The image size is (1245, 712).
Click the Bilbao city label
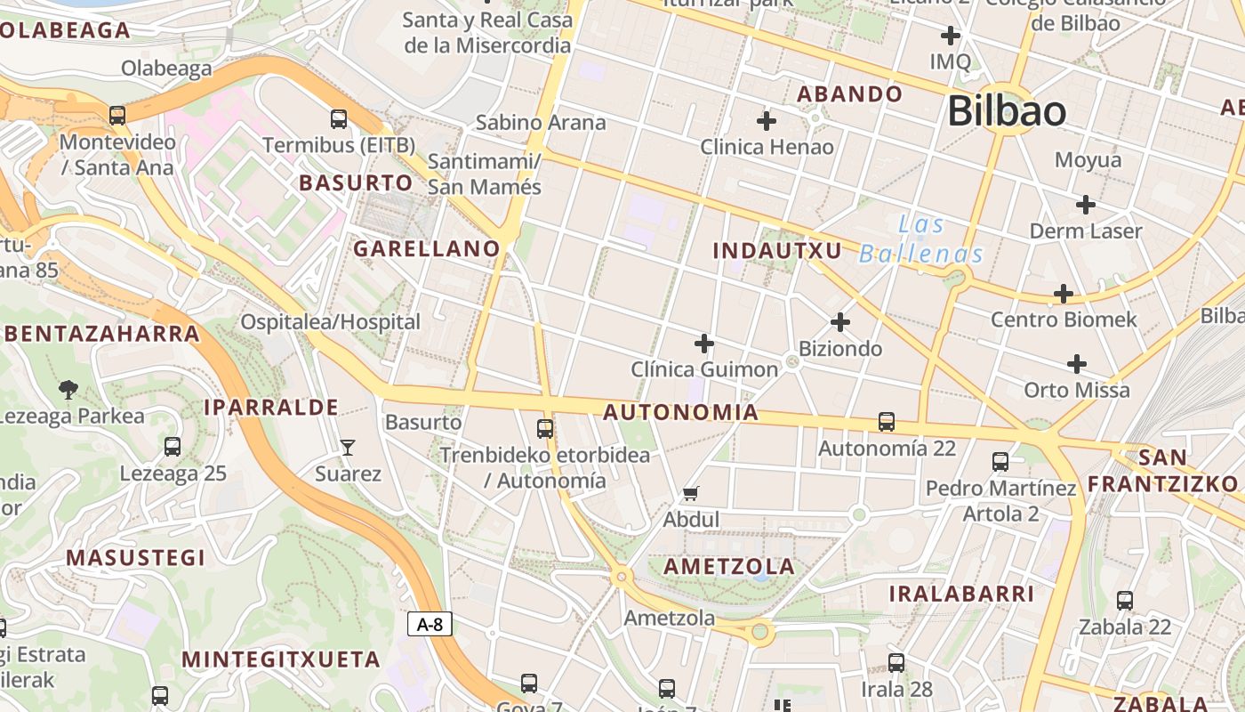click(x=1006, y=111)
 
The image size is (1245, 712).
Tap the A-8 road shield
click(x=430, y=624)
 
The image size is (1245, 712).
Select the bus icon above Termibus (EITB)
click(x=338, y=119)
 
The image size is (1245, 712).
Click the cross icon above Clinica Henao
click(x=766, y=120)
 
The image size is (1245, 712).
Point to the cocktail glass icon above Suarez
click(x=348, y=447)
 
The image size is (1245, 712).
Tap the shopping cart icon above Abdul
click(x=690, y=493)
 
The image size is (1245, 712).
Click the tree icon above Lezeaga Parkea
click(x=67, y=389)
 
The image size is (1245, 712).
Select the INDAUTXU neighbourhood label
click(x=776, y=251)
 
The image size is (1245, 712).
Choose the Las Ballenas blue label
click(x=921, y=239)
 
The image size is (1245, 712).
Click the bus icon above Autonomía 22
click(x=886, y=422)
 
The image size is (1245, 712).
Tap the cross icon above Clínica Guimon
click(x=703, y=343)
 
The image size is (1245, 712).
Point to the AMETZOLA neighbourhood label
click(x=729, y=567)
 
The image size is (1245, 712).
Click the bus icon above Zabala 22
click(x=1125, y=601)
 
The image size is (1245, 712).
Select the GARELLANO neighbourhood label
click(x=427, y=249)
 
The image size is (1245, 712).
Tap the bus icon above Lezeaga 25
click(x=173, y=447)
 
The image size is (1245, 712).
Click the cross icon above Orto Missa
click(x=1076, y=363)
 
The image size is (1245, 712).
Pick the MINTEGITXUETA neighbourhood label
click(x=281, y=659)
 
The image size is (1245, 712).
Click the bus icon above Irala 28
click(x=896, y=663)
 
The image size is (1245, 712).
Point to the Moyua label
click(x=1088, y=160)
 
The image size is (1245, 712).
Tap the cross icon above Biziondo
click(x=839, y=322)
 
